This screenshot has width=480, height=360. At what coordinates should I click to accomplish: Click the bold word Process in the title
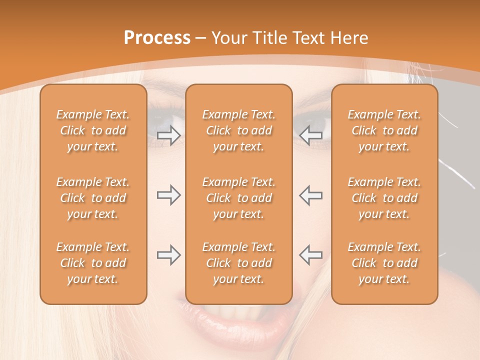tap(157, 38)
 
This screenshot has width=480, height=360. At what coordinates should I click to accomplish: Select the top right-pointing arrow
tap(169, 135)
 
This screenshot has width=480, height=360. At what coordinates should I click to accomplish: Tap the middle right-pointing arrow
tap(169, 195)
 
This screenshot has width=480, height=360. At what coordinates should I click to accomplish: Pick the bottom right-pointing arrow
tap(169, 255)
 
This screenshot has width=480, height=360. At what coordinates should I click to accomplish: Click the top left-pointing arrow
tap(310, 135)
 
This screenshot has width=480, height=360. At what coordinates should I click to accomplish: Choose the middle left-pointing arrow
tap(310, 195)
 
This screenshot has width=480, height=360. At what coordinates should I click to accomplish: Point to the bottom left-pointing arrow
tap(310, 255)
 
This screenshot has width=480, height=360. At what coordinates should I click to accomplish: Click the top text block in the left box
tap(93, 130)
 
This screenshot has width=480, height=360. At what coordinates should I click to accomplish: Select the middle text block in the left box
tap(93, 198)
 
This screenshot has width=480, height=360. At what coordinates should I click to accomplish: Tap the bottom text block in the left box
tap(93, 263)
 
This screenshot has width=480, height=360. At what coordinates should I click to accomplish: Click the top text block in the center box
tap(238, 130)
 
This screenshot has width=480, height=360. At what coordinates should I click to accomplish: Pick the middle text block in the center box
tap(238, 198)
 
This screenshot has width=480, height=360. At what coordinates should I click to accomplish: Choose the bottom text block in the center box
tap(238, 263)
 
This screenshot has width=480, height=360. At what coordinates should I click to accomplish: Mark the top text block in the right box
tap(384, 130)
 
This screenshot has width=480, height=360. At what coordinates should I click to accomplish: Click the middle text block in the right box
tap(384, 198)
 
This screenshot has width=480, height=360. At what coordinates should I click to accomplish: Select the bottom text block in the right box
tap(384, 263)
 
